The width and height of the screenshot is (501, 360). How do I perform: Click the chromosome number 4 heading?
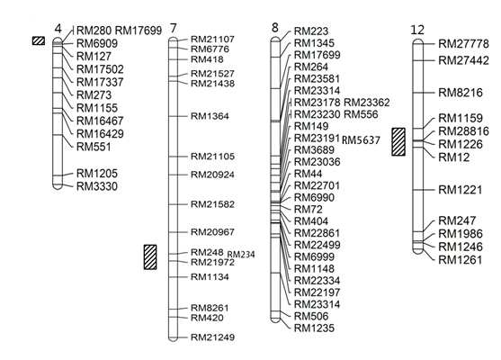click(58, 29)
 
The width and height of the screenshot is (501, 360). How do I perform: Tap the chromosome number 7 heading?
click(174, 29)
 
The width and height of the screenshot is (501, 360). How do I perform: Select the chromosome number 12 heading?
click(417, 30)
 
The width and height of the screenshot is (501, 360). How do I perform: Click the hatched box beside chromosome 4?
click(39, 40)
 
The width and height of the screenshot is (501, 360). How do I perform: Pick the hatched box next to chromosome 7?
click(150, 257)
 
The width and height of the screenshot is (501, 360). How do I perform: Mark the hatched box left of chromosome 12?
click(398, 141)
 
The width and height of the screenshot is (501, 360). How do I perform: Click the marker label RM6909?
click(97, 43)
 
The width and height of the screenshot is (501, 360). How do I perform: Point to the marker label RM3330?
click(97, 186)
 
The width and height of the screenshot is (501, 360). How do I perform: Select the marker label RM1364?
click(210, 116)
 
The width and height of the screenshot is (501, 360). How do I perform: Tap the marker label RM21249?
click(212, 337)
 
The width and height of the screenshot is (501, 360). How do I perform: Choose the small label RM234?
click(241, 255)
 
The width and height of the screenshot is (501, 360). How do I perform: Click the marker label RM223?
click(311, 31)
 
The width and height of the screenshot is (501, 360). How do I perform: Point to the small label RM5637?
click(361, 140)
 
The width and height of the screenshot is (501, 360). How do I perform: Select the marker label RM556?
click(361, 114)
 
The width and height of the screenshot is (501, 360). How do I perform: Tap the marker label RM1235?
click(314, 328)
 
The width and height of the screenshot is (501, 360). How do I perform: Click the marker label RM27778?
click(463, 44)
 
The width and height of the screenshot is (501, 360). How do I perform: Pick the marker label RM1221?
click(461, 190)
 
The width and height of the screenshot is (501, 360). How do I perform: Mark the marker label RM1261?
click(461, 260)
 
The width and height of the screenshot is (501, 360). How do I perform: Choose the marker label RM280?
click(94, 31)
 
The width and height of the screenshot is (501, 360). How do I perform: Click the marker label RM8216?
click(461, 93)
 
